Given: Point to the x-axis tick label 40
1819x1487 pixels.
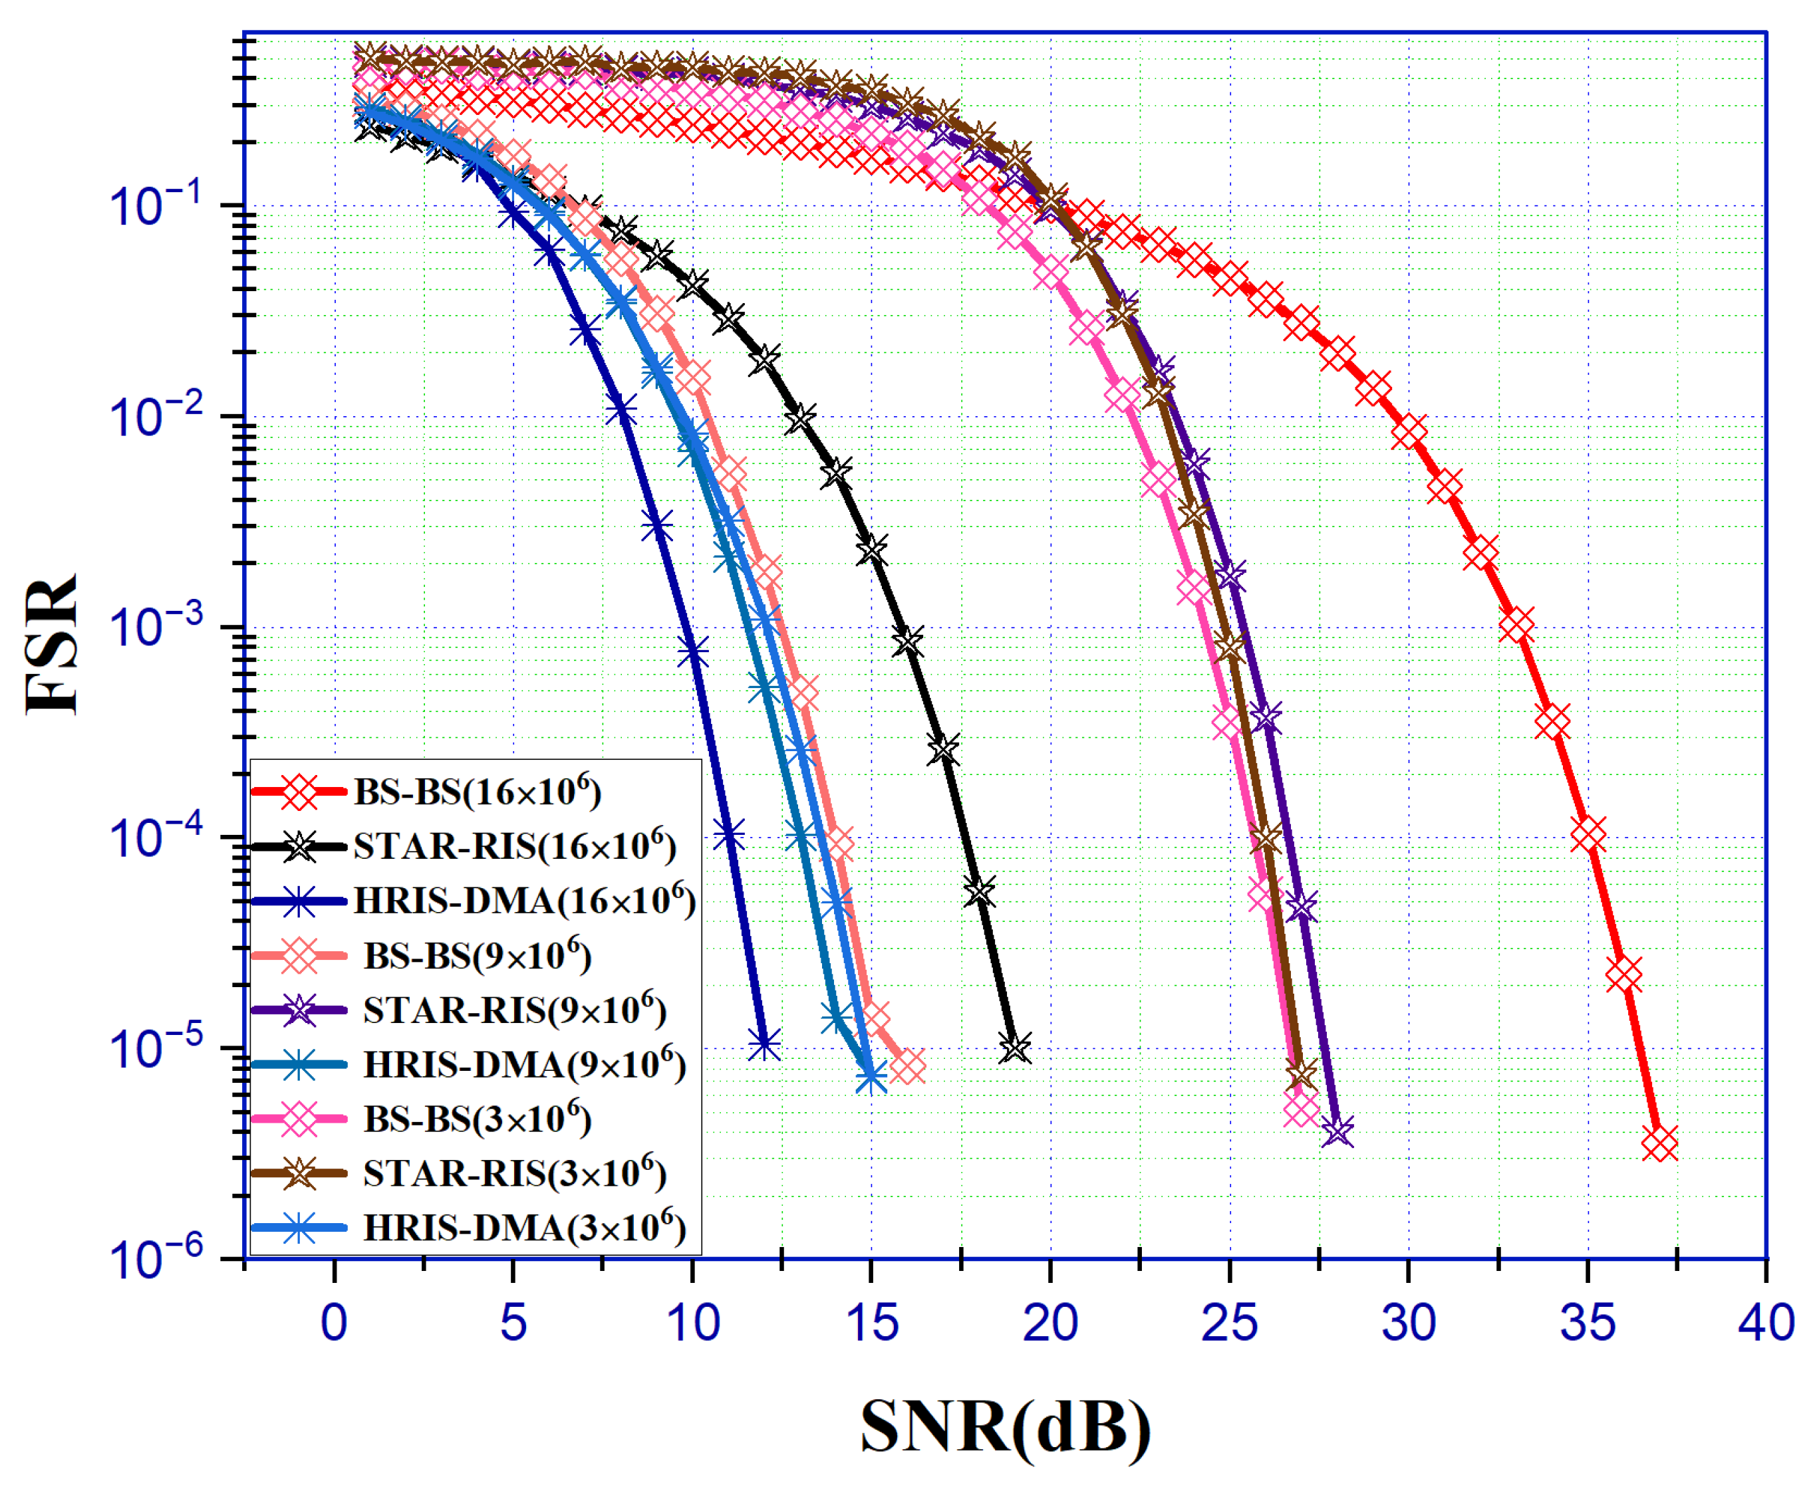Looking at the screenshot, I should (1766, 1323).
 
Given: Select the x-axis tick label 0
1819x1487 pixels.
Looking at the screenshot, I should (334, 1323).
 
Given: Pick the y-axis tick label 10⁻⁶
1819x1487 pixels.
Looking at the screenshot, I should (158, 1259).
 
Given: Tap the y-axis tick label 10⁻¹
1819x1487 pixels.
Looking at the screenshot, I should (158, 205).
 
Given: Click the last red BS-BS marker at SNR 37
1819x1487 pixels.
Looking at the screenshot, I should (1659, 1143).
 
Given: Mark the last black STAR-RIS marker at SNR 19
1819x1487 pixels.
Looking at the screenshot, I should (1016, 1048).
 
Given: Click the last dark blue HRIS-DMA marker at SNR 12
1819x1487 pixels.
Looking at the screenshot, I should (764, 1044).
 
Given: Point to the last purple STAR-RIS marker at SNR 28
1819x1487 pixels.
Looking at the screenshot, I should (1337, 1131).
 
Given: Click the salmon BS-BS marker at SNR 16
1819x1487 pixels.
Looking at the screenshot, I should (907, 1068).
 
